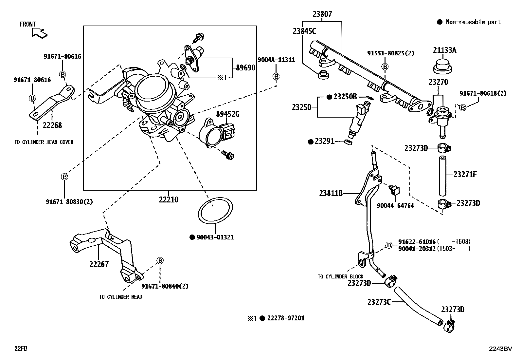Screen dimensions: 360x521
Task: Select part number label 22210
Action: click(x=169, y=199)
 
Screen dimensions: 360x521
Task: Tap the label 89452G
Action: click(x=227, y=114)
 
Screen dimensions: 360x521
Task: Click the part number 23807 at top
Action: click(x=322, y=14)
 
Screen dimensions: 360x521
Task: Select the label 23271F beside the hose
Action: click(x=465, y=174)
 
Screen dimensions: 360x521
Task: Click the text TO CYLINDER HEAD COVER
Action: click(x=44, y=142)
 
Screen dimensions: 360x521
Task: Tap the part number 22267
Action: click(x=99, y=264)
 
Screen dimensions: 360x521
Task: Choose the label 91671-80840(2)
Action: click(x=165, y=286)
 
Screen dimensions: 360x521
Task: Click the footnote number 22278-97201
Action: click(x=286, y=318)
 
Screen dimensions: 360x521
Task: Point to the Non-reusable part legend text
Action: click(x=473, y=22)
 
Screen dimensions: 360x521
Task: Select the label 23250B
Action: click(x=345, y=97)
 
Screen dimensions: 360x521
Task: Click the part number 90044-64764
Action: click(x=395, y=206)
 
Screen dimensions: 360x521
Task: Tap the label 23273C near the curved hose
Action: click(x=379, y=302)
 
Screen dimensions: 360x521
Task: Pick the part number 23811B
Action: click(x=331, y=193)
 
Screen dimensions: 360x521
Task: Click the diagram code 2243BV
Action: click(x=500, y=349)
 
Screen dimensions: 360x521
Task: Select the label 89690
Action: click(x=245, y=68)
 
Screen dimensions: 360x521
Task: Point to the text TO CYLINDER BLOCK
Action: click(x=340, y=276)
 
